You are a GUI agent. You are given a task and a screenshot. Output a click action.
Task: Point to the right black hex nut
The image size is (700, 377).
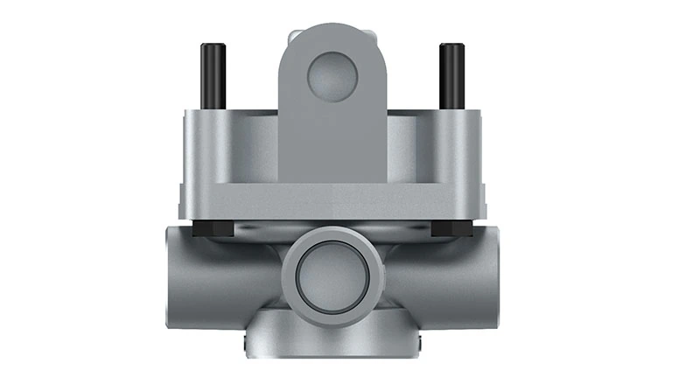(451, 230)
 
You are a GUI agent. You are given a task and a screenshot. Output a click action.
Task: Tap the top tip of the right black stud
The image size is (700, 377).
(451, 45)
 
